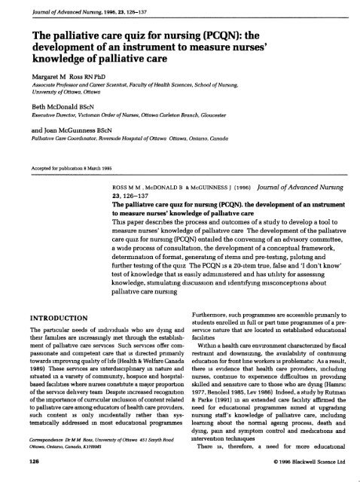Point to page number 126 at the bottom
pos(17,475)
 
